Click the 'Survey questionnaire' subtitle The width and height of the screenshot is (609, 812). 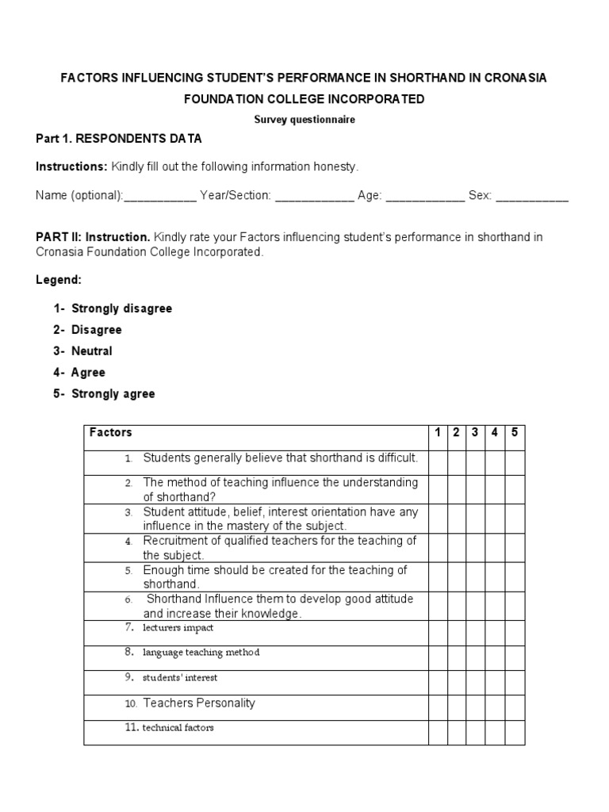pos(304,120)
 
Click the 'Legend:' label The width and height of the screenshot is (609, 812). pos(59,280)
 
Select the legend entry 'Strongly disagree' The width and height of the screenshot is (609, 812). pos(121,308)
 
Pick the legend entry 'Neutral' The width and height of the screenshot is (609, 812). pos(92,351)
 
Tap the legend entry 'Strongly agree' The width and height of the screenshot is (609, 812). pos(113,394)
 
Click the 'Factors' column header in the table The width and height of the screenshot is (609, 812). pos(111,433)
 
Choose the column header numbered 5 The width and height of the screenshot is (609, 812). pos(515,433)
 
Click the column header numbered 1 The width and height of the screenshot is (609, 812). pos(438,433)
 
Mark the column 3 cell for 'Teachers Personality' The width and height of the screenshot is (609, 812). pos(476,707)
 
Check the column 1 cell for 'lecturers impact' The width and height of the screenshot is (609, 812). pos(438,633)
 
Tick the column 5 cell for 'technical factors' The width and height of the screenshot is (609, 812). pos(515,733)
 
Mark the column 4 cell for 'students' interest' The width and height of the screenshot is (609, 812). pos(495,683)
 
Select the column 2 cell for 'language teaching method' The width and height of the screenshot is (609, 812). pos(457,657)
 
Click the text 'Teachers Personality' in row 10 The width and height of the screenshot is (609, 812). pos(199,703)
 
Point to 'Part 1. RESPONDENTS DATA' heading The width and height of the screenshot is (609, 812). pos(119,139)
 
